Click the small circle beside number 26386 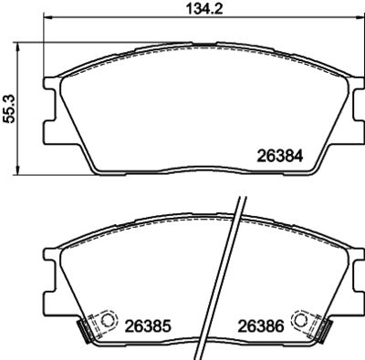(x=298, y=320)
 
